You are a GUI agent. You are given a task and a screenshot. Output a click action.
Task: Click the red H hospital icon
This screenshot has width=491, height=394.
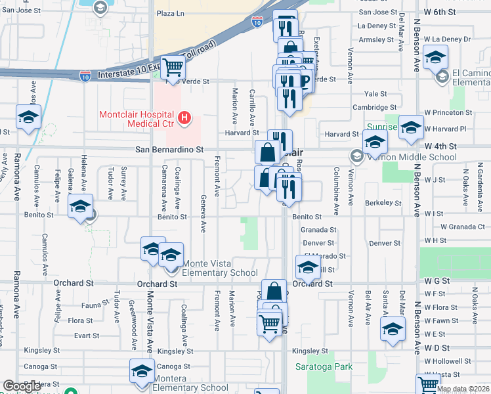pyautogui.click(x=185, y=118)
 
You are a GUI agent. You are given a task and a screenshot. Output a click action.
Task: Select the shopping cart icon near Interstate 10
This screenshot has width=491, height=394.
pyautogui.click(x=173, y=67)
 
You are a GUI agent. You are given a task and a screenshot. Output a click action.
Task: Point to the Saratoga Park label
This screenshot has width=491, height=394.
pyautogui.click(x=324, y=367)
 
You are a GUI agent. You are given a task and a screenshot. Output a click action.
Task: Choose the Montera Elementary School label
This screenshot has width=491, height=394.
pyautogui.click(x=191, y=387)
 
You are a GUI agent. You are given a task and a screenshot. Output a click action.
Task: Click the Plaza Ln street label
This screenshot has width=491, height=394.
pyautogui.click(x=170, y=12)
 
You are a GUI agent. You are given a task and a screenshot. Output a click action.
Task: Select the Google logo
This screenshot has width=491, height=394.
pyautogui.click(x=22, y=386)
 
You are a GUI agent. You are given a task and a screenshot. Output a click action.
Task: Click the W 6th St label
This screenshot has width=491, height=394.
pyautogui.click(x=440, y=12)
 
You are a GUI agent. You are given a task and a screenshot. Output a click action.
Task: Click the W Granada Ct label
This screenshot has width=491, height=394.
pyautogui.click(x=463, y=227)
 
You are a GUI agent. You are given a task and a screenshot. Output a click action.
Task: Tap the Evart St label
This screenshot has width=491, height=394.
pyautogui.click(x=86, y=335)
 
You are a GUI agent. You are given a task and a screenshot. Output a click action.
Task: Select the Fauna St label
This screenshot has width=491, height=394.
pyautogui.click(x=85, y=305)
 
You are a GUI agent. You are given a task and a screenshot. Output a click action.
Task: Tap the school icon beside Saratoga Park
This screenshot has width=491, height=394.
pyautogui.click(x=393, y=331)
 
